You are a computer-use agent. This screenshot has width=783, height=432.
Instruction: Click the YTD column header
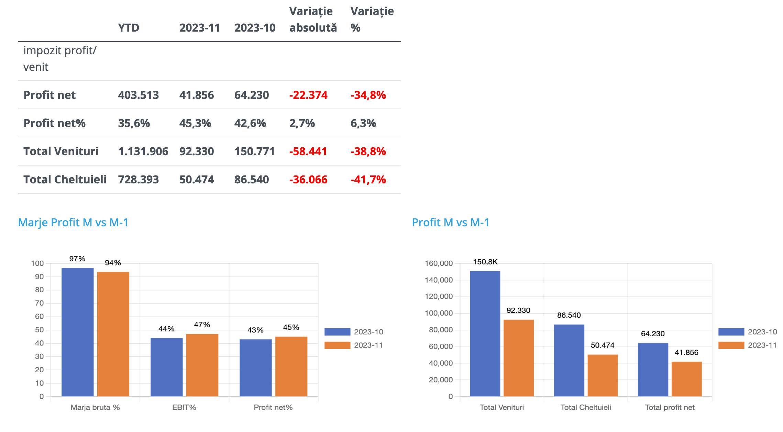(129, 28)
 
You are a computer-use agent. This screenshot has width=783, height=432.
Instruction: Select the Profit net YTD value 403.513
(138, 95)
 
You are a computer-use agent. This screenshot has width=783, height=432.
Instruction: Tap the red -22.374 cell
(308, 95)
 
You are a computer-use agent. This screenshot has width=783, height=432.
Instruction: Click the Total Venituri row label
(61, 151)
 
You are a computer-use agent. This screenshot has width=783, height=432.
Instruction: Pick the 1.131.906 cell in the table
(143, 151)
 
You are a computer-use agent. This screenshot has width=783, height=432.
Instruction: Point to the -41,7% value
(368, 180)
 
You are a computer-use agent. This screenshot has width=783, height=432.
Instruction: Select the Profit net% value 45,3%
(195, 123)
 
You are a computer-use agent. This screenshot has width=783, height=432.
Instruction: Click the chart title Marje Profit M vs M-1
(73, 223)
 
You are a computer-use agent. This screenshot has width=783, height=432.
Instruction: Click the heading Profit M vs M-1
(450, 223)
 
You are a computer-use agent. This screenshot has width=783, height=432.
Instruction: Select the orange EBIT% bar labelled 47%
(202, 365)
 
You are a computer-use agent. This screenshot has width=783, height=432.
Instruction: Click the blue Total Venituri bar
(485, 333)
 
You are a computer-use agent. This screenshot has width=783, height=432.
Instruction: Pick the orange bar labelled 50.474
(603, 375)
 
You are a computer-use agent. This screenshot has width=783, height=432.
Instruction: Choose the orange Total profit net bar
(686, 379)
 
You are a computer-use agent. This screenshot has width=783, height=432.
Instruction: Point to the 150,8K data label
(485, 262)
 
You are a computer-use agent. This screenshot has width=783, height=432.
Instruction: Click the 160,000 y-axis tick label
(439, 263)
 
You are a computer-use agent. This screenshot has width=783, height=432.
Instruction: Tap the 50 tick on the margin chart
(40, 330)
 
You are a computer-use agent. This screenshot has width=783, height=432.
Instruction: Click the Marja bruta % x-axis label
(95, 408)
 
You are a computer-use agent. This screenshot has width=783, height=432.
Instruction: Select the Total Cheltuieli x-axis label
(586, 408)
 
